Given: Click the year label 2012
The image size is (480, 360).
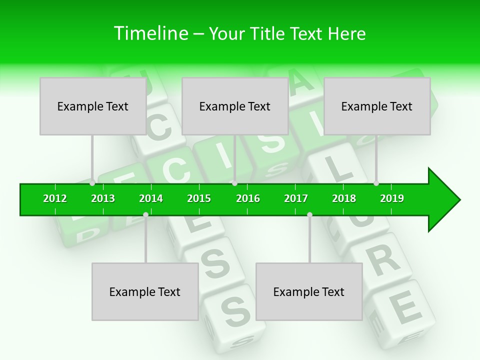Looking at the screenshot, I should [x=55, y=198].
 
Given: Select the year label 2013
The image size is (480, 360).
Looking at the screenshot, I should [x=103, y=198].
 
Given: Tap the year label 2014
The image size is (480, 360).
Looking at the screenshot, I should [x=151, y=198].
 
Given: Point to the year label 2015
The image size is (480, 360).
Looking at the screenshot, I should [x=199, y=198].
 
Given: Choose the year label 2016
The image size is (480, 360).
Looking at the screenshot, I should [x=248, y=198].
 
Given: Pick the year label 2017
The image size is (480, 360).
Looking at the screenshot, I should [x=296, y=198].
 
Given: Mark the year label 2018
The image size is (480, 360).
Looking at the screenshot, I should [x=344, y=198].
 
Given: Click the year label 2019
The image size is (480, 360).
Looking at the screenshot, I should [x=392, y=198].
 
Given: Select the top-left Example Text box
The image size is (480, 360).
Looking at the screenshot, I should [x=93, y=106].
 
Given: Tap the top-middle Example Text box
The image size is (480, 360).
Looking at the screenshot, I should [x=235, y=106].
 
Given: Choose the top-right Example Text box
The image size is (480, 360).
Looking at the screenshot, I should [x=377, y=106].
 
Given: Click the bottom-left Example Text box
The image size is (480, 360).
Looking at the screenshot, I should [x=145, y=291].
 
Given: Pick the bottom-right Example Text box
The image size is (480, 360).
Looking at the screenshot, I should [x=309, y=291].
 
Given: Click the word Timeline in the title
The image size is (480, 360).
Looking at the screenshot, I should [x=150, y=33].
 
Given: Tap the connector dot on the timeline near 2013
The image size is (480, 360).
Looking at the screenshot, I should [x=92, y=183].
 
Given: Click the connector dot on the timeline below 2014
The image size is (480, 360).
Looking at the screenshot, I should [x=145, y=215].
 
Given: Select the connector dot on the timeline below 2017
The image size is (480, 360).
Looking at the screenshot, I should [x=309, y=215].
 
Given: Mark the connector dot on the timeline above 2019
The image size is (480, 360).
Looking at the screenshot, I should [x=376, y=183].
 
